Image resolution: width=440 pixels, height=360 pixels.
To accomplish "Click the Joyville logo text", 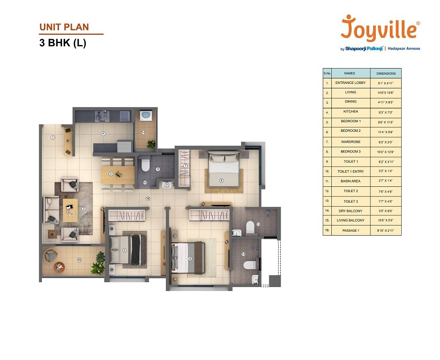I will tap(380, 29).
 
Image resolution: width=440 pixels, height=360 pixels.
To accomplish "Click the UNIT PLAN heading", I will tap(64, 27).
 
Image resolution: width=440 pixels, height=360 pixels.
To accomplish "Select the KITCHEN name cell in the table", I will tap(351, 112).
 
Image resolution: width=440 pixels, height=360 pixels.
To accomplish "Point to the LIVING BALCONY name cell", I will tap(351, 220).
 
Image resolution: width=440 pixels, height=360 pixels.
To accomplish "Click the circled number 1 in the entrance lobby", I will tap(53, 137).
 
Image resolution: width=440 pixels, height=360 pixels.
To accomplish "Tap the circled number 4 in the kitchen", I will tap(103, 133).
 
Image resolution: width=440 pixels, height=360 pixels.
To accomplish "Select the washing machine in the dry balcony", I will tap(146, 116).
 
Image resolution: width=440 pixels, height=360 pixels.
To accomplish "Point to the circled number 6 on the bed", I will tap(221, 179).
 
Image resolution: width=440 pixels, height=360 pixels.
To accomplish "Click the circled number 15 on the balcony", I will tap(79, 260).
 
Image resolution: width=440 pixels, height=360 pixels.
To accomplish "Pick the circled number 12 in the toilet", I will tap(243, 254).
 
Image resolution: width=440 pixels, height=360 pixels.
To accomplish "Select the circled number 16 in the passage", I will tap(148, 199).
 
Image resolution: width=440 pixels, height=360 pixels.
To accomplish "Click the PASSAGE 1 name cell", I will tap(351, 230).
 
